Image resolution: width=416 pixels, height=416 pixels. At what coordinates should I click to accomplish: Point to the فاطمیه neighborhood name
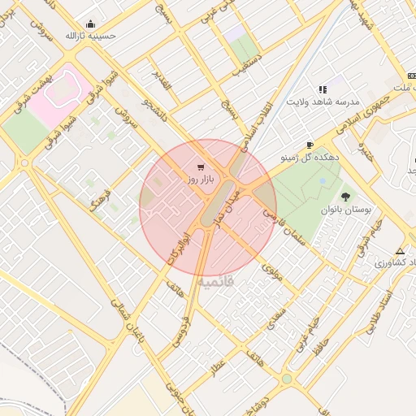pyautogui.click(x=214, y=281)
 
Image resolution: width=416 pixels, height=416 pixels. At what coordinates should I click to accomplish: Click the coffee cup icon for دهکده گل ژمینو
pyautogui.click(x=309, y=145)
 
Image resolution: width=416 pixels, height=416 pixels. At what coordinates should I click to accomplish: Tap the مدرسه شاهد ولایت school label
pyautogui.click(x=323, y=102)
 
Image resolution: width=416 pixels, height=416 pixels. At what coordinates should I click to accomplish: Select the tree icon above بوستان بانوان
pyautogui.click(x=346, y=196)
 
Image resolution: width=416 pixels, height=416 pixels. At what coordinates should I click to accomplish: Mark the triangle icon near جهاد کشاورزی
pyautogui.click(x=399, y=250)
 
